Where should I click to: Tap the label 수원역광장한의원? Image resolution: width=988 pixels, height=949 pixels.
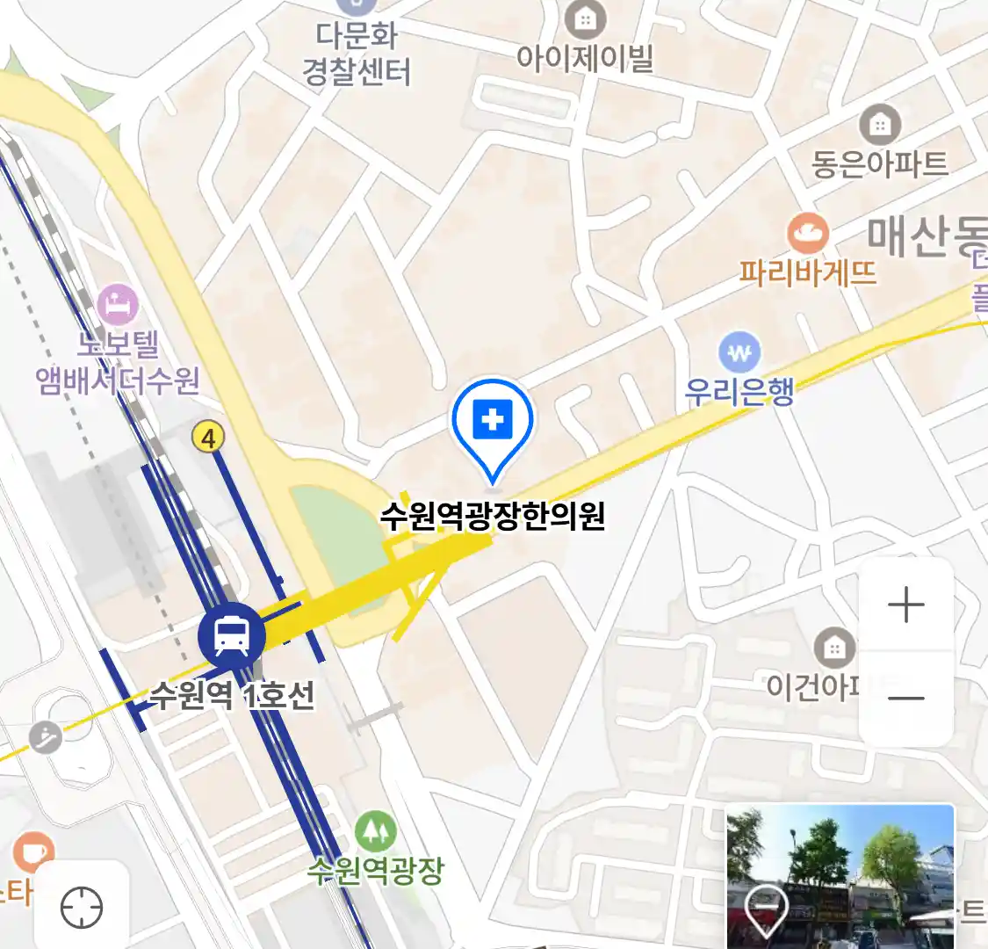pyautogui.click(x=493, y=516)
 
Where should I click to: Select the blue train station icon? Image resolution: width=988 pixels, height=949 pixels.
pyautogui.click(x=231, y=635)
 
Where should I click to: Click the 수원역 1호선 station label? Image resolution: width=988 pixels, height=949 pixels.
pyautogui.click(x=232, y=695)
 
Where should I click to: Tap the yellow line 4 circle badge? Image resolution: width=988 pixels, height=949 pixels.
pyautogui.click(x=208, y=437)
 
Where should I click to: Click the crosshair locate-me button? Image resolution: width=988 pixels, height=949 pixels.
pyautogui.click(x=82, y=907)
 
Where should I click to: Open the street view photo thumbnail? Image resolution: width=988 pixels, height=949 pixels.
pyautogui.click(x=840, y=876)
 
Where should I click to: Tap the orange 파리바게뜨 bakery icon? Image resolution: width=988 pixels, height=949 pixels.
pyautogui.click(x=807, y=233)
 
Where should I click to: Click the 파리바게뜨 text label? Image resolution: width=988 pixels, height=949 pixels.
pyautogui.click(x=807, y=272)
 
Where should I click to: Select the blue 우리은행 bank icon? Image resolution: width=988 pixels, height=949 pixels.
pyautogui.click(x=739, y=353)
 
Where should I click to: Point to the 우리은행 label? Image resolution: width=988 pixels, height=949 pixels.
pyautogui.click(x=739, y=390)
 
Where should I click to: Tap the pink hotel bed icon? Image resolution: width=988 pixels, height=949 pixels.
pyautogui.click(x=118, y=305)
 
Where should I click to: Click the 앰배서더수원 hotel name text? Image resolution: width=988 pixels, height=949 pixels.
pyautogui.click(x=118, y=380)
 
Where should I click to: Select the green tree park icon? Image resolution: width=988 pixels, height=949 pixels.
pyautogui.click(x=375, y=830)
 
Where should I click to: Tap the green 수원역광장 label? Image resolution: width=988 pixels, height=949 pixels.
pyautogui.click(x=375, y=870)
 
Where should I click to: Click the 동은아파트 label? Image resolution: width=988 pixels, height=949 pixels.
pyautogui.click(x=879, y=163)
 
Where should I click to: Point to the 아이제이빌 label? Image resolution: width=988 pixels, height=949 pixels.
pyautogui.click(x=585, y=58)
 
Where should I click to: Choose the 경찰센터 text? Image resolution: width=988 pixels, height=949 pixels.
pyautogui.click(x=357, y=71)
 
